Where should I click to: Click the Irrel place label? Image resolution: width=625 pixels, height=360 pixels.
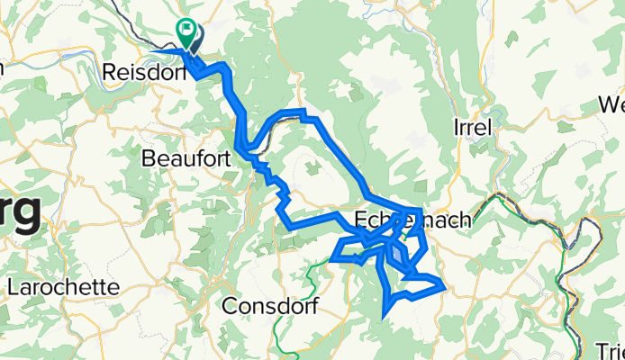pyautogui.click(x=471, y=127)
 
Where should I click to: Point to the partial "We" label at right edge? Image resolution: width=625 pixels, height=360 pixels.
pyautogui.click(x=612, y=105)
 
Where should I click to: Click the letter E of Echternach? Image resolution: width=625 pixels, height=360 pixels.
pyautogui.click(x=360, y=219)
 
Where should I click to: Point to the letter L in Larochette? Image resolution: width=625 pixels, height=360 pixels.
pyautogui.click(x=11, y=287)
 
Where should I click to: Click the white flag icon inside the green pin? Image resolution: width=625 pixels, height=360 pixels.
pyautogui.click(x=188, y=29)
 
